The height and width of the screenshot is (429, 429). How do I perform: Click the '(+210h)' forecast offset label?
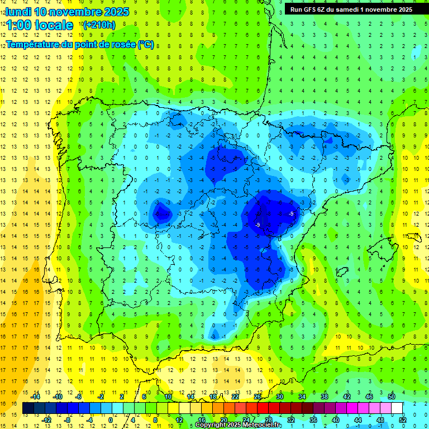coord(99,25)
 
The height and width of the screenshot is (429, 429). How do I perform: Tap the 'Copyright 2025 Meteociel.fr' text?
coord(239,425)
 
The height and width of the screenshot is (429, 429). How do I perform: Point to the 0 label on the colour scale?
coord(110,420)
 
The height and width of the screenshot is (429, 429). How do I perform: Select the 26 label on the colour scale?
coord(258,397)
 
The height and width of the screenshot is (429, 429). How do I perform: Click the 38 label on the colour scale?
coord(324,397)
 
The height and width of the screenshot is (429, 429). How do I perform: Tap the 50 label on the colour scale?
coord(392,397)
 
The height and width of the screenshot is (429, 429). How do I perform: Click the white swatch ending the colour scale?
coord(397,408)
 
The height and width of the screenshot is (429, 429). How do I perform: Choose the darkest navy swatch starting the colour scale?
coord(28,408)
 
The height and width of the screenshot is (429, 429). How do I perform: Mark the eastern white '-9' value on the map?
coord(292,214)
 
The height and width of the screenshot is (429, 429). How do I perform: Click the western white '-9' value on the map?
coord(258,225)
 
